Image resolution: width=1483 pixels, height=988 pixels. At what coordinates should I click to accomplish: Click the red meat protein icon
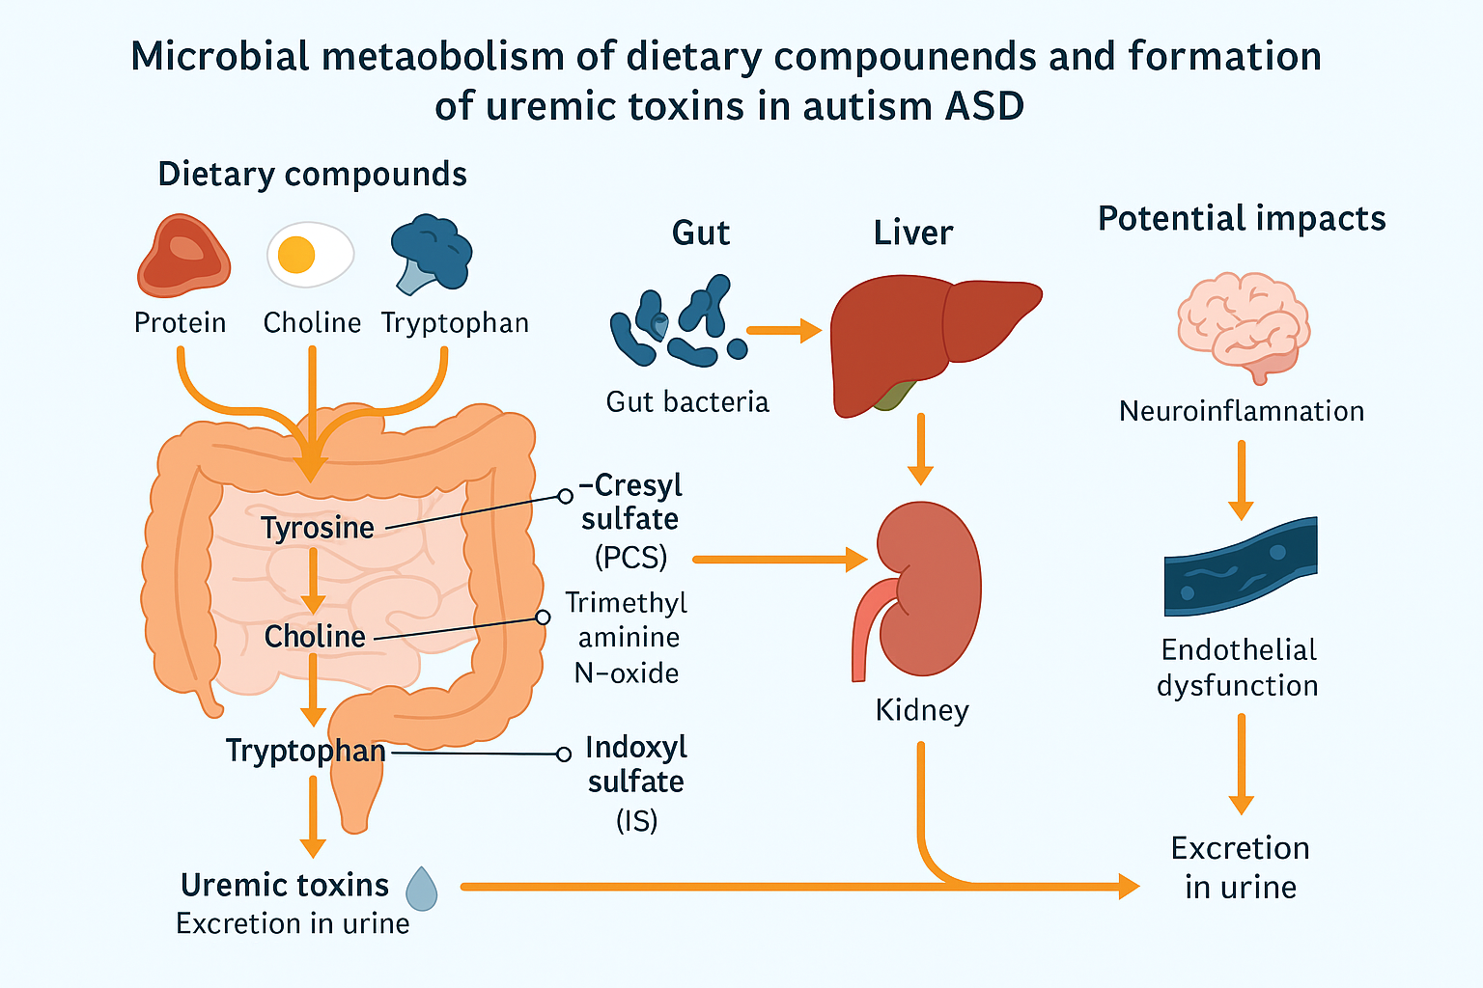click(x=183, y=256)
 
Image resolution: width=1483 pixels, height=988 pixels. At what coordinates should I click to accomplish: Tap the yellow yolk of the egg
click(x=296, y=255)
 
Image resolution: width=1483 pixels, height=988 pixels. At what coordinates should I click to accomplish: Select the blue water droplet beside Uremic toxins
click(x=422, y=889)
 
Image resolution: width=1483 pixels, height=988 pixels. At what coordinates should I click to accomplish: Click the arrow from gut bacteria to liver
click(x=783, y=331)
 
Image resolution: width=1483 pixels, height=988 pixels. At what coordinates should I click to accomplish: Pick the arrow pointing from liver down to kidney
click(x=920, y=449)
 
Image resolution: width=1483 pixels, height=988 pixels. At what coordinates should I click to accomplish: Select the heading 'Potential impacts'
click(x=1242, y=219)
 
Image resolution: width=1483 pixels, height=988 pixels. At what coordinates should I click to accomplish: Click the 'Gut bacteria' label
click(x=687, y=401)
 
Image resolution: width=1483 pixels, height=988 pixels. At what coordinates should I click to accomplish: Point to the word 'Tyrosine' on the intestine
click(x=318, y=528)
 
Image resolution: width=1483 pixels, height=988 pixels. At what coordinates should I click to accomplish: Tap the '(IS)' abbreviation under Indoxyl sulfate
click(x=636, y=820)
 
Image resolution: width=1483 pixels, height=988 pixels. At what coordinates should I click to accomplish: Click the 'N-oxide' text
click(x=627, y=672)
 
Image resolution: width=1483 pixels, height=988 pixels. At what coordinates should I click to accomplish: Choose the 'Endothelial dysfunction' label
click(x=1239, y=668)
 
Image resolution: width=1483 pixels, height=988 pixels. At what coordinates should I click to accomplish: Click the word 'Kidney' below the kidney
click(x=922, y=710)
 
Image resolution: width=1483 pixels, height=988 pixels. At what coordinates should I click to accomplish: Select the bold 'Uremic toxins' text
click(x=285, y=885)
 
